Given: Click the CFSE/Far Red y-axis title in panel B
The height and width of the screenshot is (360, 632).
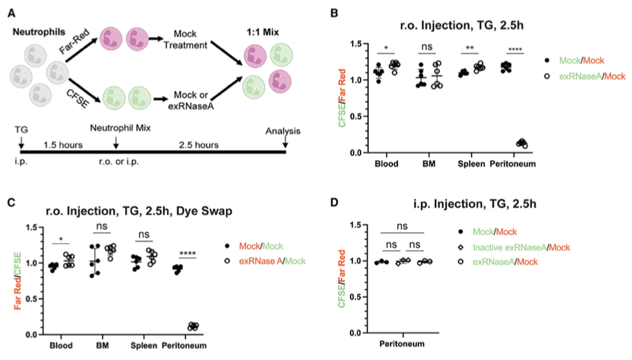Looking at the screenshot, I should tap(352, 98).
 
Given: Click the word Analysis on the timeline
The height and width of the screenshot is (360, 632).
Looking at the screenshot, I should tap(283, 130).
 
